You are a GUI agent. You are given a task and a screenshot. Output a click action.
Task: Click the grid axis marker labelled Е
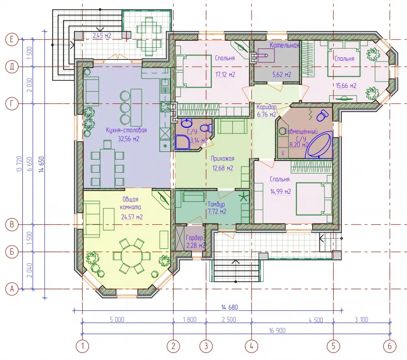(12, 40)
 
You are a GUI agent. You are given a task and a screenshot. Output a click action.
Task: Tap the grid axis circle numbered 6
(389, 346)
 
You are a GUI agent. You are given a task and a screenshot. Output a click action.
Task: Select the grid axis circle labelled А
(12, 289)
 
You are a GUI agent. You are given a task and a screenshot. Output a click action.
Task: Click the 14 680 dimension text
(230, 307)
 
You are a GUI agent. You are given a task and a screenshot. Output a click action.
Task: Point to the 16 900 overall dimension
(277, 330)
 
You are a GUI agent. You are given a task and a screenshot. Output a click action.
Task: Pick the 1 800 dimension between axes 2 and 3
(190, 320)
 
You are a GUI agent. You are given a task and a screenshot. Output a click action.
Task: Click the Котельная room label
(284, 45)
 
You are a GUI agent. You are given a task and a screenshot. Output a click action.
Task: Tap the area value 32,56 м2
(129, 139)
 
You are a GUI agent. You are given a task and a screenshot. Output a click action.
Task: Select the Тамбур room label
(216, 204)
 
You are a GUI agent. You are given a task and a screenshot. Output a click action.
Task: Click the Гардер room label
(195, 238)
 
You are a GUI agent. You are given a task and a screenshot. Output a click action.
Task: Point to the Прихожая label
(223, 159)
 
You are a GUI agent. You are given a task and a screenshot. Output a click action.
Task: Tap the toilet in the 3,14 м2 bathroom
(207, 128)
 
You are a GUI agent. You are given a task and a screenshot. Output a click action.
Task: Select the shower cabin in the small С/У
(183, 142)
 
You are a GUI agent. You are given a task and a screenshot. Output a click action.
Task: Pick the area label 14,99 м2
(280, 192)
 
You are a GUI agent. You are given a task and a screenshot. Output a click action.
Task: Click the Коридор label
(267, 107)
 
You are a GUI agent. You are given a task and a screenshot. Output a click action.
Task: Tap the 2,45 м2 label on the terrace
(102, 35)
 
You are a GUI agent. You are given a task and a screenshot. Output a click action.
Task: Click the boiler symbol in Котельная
(266, 55)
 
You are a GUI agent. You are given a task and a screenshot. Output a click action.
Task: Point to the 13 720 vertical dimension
(19, 164)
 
